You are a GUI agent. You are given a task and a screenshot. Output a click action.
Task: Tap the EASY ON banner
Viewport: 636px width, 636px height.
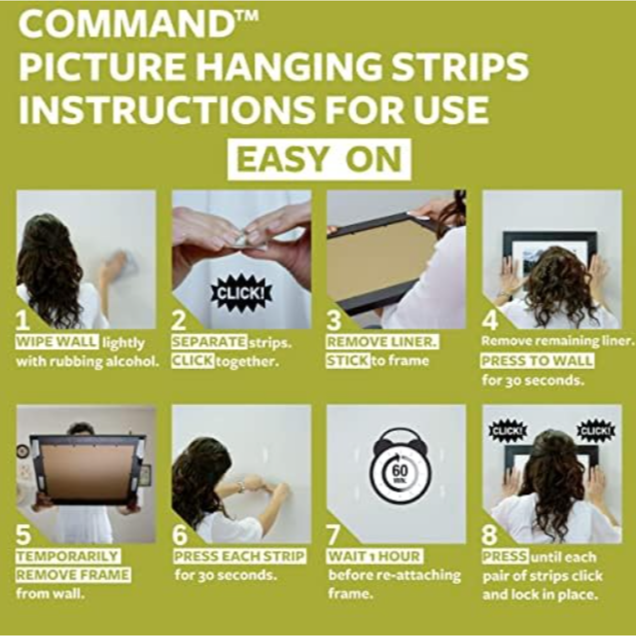tap(319, 160)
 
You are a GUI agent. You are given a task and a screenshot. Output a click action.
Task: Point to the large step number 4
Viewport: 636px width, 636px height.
tap(490, 321)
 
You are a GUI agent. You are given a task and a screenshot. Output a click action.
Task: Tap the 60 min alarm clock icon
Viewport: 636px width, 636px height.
tap(400, 469)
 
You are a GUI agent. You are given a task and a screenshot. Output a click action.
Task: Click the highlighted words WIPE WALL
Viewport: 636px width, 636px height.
tap(57, 342)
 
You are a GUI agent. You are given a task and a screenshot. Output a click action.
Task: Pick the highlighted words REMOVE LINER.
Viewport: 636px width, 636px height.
tap(382, 342)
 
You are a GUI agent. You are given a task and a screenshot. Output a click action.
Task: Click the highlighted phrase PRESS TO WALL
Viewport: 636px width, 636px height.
tap(537, 360)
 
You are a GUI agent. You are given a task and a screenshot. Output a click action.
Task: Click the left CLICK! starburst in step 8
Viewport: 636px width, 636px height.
tap(508, 430)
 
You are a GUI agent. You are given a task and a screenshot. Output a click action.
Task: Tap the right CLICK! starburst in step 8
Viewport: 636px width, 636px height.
tap(596, 430)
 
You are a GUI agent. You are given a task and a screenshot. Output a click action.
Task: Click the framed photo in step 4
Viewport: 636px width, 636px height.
tap(550, 251)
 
